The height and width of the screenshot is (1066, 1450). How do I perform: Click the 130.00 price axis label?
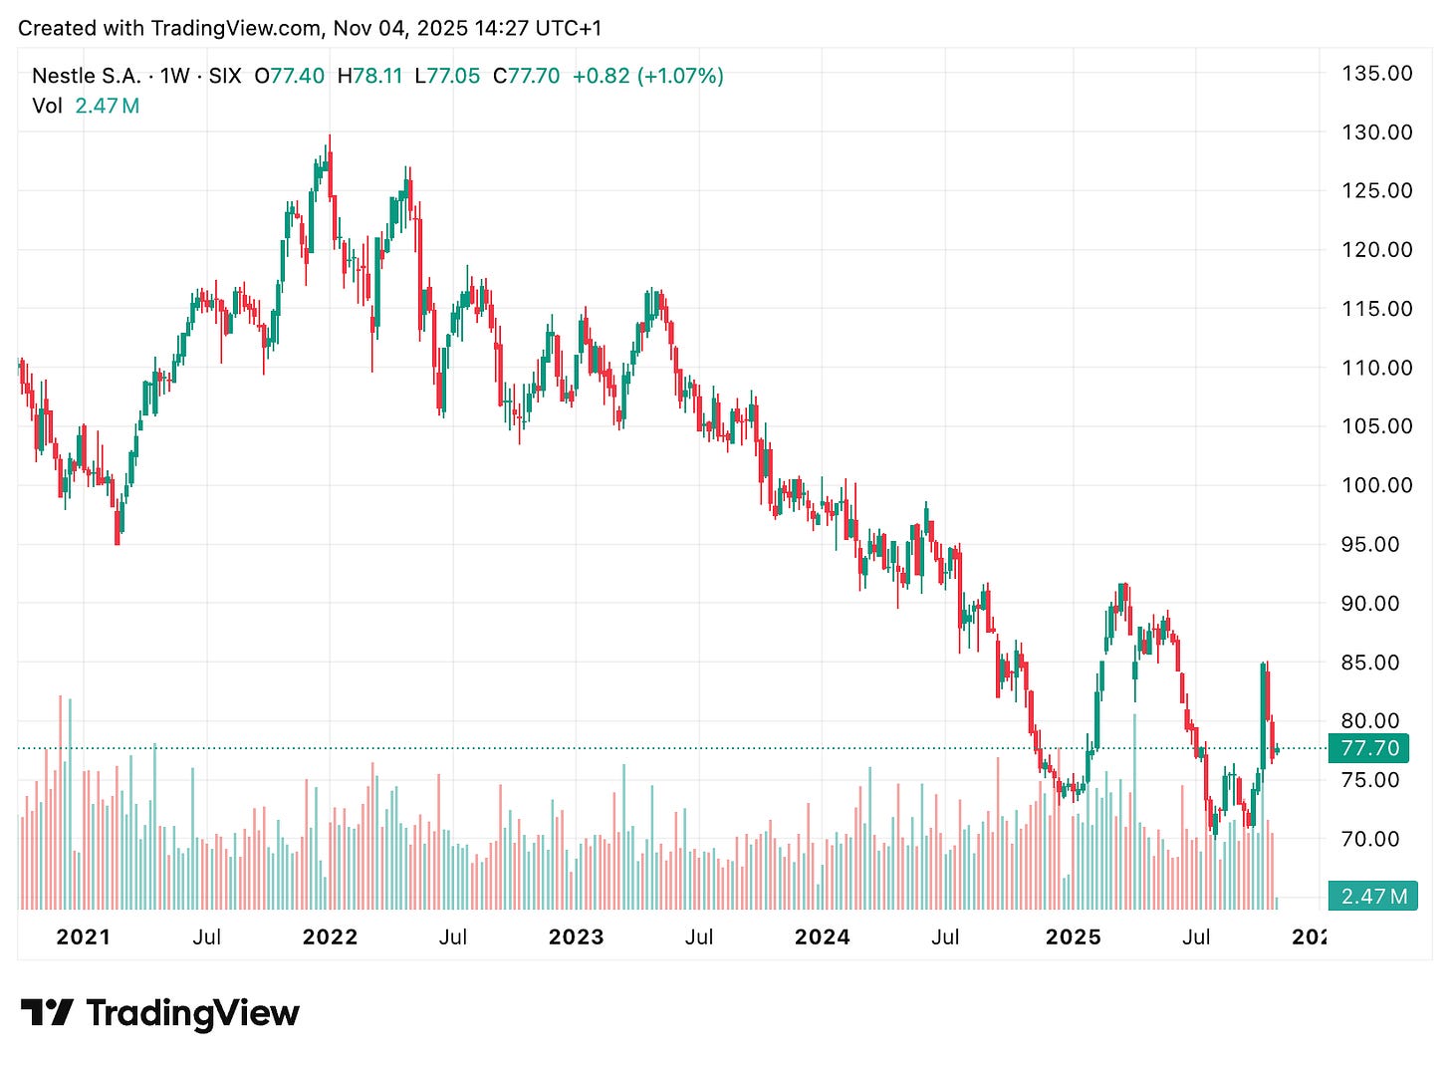pyautogui.click(x=1376, y=132)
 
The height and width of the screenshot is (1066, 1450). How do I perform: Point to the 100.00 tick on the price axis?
pyautogui.click(x=1376, y=485)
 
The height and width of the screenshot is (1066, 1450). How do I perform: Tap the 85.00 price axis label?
pyautogui.click(x=1376, y=662)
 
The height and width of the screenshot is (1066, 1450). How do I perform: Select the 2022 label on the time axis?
pyautogui.click(x=330, y=936)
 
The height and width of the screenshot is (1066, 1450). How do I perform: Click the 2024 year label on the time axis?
pyautogui.click(x=823, y=936)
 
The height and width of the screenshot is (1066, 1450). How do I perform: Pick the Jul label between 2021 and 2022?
pyautogui.click(x=206, y=936)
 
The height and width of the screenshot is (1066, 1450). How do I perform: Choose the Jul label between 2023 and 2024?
pyautogui.click(x=699, y=936)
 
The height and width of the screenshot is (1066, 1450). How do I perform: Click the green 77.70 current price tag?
pyautogui.click(x=1369, y=748)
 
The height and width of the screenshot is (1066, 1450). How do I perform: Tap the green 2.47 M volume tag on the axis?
pyautogui.click(x=1373, y=896)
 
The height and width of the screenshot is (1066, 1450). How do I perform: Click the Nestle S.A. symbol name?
pyautogui.click(x=87, y=76)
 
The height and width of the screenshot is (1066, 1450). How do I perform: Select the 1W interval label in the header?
pyautogui.click(x=175, y=76)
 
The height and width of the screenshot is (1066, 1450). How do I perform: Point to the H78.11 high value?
pyautogui.click(x=369, y=76)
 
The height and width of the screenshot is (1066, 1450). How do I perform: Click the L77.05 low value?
pyautogui.click(x=447, y=76)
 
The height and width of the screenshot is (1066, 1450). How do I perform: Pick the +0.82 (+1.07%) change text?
pyautogui.click(x=647, y=76)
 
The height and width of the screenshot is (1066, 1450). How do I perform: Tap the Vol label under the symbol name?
pyautogui.click(x=47, y=106)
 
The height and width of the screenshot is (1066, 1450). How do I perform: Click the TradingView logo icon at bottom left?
pyautogui.click(x=47, y=1013)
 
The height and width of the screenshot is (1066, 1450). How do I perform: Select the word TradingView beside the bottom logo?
pyautogui.click(x=192, y=1013)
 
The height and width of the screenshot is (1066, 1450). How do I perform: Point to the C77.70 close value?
pyautogui.click(x=526, y=76)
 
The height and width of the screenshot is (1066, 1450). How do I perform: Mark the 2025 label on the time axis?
pyautogui.click(x=1073, y=936)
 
